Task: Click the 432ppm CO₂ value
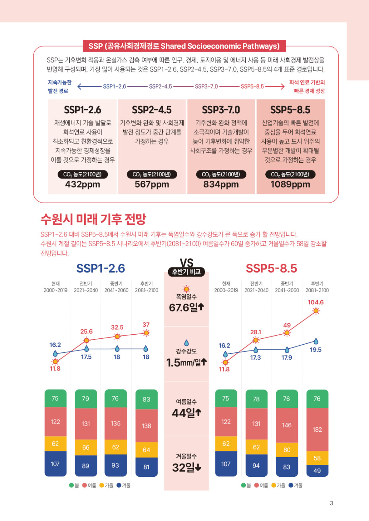click(82, 184)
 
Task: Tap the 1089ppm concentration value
click(290, 184)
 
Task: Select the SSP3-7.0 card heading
click(221, 110)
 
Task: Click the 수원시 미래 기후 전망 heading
click(93, 219)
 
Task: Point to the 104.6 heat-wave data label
click(315, 302)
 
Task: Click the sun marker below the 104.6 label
click(316, 311)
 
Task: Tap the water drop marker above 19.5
click(316, 341)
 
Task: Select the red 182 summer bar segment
click(317, 429)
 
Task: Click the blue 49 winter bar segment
click(317, 471)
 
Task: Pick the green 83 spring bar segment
click(146, 399)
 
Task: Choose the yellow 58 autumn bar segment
click(317, 458)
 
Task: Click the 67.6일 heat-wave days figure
click(186, 307)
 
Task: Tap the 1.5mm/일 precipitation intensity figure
click(186, 363)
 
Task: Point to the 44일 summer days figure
click(186, 413)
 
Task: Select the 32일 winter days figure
click(186, 467)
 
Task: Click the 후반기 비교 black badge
click(186, 272)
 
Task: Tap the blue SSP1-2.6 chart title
click(100, 268)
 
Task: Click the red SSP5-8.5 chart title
click(271, 268)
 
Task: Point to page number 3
click(331, 503)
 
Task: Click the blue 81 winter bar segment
click(146, 467)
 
